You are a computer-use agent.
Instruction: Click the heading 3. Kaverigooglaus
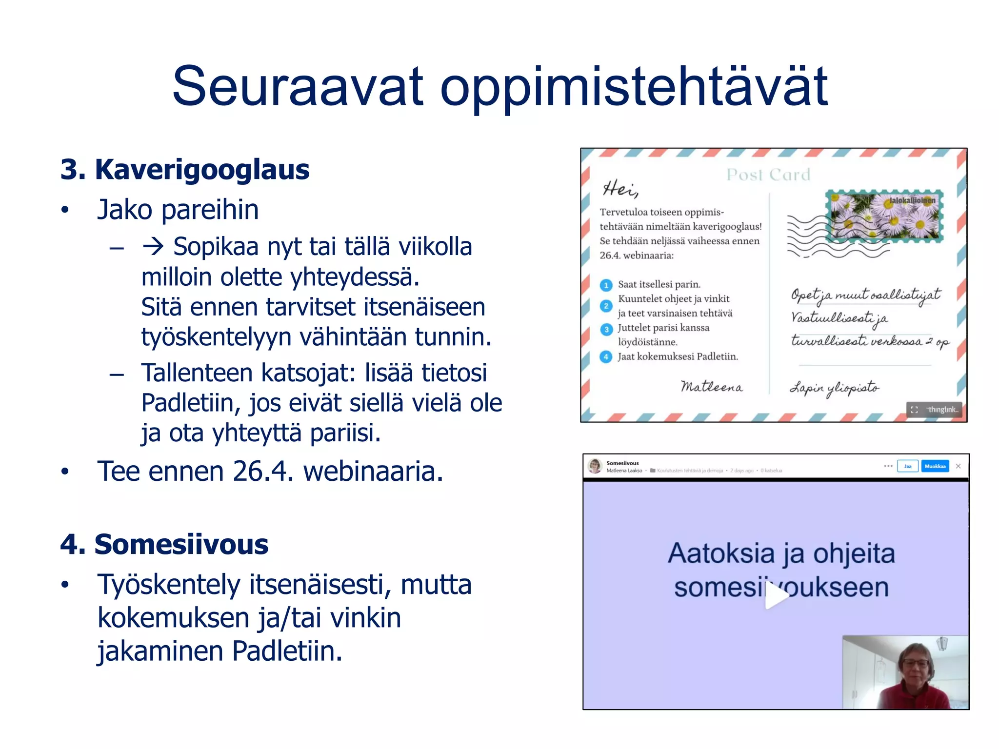coord(185,170)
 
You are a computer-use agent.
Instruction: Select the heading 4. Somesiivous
coord(164,544)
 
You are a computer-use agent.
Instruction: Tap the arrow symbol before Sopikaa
coord(153,247)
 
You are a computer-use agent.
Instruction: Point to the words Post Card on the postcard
coord(768,174)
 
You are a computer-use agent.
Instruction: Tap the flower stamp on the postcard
coord(884,216)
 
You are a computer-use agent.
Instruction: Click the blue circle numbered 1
coord(606,285)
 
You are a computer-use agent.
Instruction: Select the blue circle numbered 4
coord(606,357)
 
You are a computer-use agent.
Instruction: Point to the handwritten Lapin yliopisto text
coord(834,389)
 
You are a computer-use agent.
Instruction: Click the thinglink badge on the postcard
coord(934,410)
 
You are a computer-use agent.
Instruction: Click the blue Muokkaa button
coord(935,466)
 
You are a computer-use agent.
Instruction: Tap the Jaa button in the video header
coord(907,466)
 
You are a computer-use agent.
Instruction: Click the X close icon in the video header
coord(958,466)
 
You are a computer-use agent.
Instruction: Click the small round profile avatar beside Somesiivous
coord(595,466)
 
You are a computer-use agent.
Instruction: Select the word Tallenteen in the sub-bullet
coord(197,373)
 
